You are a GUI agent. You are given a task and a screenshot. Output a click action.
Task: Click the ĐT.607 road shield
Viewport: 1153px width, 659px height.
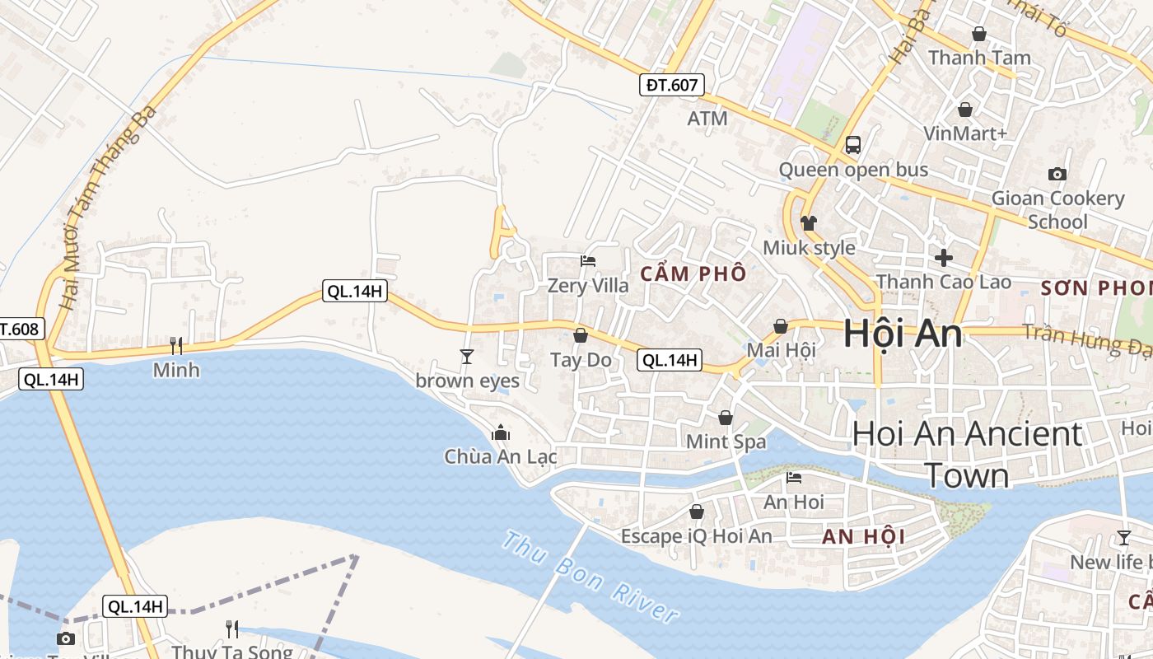pos(672,84)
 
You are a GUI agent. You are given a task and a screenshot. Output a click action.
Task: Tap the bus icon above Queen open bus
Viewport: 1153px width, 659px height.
pos(853,145)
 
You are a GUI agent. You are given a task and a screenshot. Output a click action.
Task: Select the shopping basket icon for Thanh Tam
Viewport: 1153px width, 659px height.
pos(979,34)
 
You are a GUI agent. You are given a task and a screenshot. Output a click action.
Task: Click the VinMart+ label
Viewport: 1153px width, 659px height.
pos(965,133)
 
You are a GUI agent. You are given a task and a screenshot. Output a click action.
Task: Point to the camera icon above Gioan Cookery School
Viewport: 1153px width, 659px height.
pos(1057,174)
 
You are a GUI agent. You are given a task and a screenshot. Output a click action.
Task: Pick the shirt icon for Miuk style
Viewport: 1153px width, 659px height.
pos(808,223)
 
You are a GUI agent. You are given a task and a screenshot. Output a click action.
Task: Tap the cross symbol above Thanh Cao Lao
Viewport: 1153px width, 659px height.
pos(943,257)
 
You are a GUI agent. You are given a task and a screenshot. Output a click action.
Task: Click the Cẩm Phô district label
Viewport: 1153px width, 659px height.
pos(693,273)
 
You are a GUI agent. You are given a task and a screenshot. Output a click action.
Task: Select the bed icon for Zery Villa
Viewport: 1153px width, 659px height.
pos(588,261)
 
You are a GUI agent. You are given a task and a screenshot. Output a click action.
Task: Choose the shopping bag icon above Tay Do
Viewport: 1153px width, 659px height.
pos(581,335)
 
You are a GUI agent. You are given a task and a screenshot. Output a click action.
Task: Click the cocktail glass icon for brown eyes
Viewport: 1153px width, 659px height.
pos(467,356)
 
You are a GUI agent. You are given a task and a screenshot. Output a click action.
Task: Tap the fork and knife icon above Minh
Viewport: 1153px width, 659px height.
pos(176,345)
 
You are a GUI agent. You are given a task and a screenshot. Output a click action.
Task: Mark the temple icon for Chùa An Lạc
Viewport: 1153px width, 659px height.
pos(500,432)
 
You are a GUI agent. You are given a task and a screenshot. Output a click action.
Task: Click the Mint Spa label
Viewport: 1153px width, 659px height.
pos(726,442)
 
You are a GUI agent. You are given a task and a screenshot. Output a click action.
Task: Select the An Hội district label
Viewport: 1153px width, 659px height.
pos(863,537)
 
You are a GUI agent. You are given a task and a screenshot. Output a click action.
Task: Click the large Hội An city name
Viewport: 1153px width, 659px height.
pos(902,334)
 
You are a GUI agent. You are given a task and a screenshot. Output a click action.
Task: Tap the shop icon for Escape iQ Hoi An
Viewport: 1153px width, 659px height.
pos(697,512)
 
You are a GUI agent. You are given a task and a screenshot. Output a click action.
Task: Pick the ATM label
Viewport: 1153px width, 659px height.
pos(707,119)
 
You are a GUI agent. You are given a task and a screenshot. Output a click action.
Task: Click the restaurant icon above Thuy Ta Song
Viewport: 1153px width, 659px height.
pos(232,629)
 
